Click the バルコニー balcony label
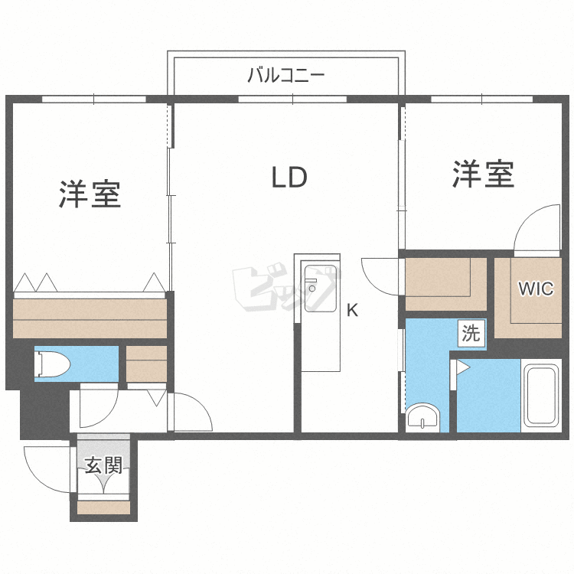[x=286, y=75]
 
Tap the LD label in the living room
[x=289, y=178]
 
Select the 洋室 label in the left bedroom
[x=90, y=194]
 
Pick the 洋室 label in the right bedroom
[x=483, y=174]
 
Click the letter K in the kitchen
[x=352, y=311]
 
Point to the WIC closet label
[x=536, y=289]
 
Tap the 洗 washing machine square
[x=471, y=333]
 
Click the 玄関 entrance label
[x=103, y=465]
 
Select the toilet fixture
[x=52, y=364]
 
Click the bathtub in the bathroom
[x=540, y=396]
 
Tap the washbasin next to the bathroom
[x=422, y=417]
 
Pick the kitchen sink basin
[x=321, y=288]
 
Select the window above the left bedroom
[x=94, y=99]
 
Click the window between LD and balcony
[x=292, y=99]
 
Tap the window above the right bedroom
[x=481, y=99]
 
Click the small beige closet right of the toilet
[x=146, y=364]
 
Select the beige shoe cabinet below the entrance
[x=104, y=507]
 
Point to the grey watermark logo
[x=285, y=287]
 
